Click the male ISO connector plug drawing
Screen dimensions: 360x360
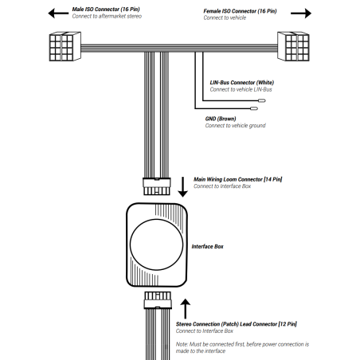(x=65, y=46)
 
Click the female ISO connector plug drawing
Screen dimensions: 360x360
(x=293, y=46)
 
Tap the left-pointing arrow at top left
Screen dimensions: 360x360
(x=58, y=13)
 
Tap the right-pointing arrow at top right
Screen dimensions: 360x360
(x=301, y=14)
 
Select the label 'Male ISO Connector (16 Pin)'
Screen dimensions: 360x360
(x=106, y=10)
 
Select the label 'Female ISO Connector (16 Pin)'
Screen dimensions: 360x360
(x=240, y=11)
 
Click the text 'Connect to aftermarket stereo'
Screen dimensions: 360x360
(x=107, y=16)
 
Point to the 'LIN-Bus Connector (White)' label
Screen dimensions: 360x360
(x=242, y=83)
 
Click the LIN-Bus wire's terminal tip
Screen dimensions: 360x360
(x=262, y=100)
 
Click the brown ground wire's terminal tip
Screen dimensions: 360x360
(x=254, y=108)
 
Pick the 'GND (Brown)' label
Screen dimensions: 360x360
(x=221, y=119)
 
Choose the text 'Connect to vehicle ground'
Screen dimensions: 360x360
(x=235, y=126)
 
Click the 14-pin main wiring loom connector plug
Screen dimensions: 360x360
(x=157, y=186)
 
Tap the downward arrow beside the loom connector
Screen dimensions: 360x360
(x=182, y=187)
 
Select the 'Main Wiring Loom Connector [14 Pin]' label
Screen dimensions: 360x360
(x=238, y=179)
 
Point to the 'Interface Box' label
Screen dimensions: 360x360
(x=208, y=247)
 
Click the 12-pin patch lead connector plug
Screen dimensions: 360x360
(x=158, y=300)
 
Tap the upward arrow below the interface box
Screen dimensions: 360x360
(x=186, y=308)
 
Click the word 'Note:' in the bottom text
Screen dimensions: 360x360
(x=182, y=344)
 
